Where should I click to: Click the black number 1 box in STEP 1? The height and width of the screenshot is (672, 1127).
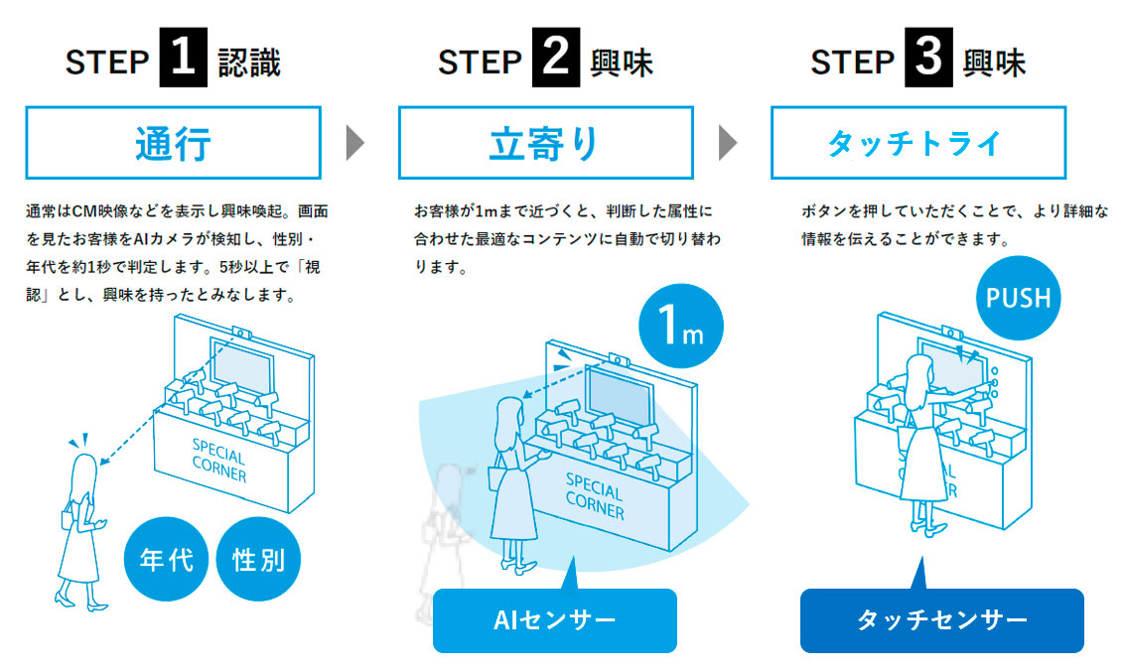[184, 61]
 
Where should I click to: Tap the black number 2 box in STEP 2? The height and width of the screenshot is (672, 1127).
[556, 61]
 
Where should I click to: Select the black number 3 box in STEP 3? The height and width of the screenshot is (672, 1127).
[928, 61]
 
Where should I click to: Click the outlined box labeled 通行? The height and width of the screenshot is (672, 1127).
[173, 143]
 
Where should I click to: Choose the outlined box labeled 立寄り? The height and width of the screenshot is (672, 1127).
[545, 143]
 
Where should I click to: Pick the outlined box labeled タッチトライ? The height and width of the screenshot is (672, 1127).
[917, 143]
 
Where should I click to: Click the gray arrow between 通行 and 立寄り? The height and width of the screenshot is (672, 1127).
[355, 143]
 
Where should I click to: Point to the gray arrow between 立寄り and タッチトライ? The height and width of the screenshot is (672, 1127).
[728, 143]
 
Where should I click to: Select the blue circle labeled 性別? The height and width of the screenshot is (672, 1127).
[258, 560]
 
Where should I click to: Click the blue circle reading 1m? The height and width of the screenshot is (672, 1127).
[680, 329]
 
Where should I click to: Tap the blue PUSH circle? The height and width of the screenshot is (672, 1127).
[1019, 297]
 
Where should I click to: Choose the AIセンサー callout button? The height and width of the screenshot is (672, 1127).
[554, 620]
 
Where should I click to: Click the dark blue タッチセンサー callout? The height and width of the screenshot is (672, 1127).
[941, 620]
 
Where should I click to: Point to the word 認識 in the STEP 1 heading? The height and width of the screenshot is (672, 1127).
[249, 63]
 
